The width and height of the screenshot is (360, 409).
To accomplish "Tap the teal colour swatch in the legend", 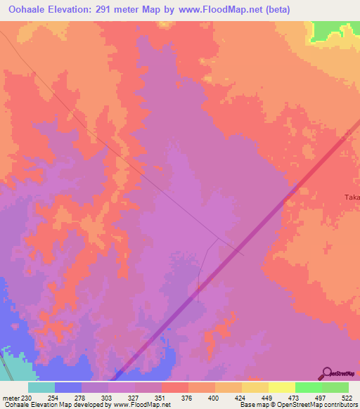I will [41, 387].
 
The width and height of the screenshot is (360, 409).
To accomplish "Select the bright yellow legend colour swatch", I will [281, 387].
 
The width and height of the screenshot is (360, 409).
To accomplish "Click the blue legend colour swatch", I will [67, 387].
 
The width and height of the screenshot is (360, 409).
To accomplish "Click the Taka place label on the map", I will [351, 197].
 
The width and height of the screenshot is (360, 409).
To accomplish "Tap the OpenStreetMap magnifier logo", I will [328, 373].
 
